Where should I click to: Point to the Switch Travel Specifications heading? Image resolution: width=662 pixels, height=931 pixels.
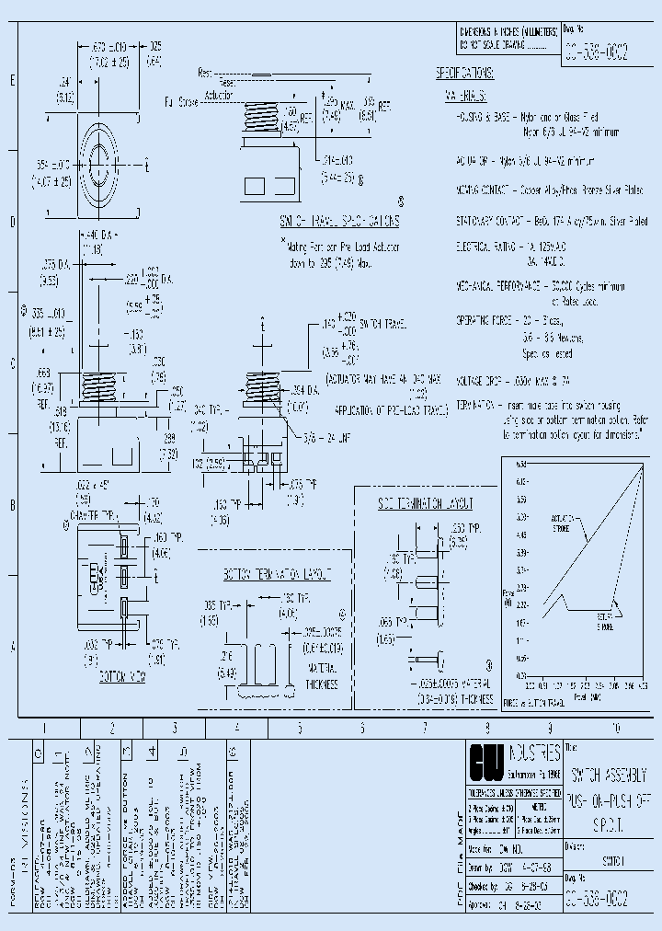pyautogui.click(x=339, y=222)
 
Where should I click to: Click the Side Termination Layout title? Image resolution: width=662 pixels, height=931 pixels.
pyautogui.click(x=425, y=504)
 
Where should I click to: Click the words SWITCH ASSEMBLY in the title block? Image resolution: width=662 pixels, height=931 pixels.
pyautogui.click(x=614, y=774)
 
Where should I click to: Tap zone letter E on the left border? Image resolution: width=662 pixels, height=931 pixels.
pyautogui.click(x=12, y=82)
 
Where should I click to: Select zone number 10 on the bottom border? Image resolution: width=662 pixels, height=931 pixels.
pyautogui.click(x=615, y=728)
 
